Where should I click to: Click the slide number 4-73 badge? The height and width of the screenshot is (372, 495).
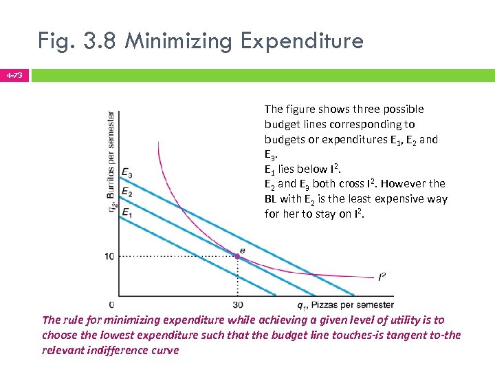14,74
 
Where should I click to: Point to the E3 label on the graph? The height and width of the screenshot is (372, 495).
126,172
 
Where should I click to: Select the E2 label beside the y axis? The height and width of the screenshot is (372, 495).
126,192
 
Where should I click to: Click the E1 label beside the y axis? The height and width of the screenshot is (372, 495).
126,213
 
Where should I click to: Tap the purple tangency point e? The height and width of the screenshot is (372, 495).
237,256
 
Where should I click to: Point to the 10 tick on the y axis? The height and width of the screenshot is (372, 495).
109,256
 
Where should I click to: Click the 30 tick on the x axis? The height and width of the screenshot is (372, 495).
237,305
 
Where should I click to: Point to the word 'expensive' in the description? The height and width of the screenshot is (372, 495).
393,199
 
